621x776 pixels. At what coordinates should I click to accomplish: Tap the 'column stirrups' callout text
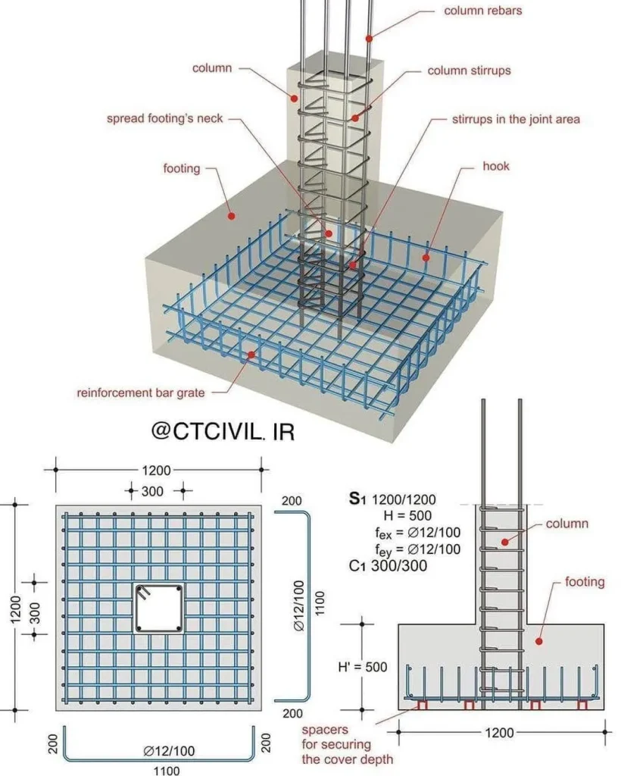[x=469, y=70]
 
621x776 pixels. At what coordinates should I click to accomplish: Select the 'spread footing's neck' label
[x=164, y=118]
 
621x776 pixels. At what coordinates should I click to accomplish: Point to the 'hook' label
[x=496, y=165]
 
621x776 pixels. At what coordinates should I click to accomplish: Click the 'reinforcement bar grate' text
[x=140, y=393]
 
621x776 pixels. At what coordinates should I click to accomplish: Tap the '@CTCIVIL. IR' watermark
[x=223, y=430]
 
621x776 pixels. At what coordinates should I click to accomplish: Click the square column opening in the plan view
[x=158, y=609]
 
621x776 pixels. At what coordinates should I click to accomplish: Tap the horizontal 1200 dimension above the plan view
[x=158, y=470]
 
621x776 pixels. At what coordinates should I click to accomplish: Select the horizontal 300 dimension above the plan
[x=152, y=491]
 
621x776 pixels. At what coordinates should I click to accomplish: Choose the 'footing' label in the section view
[x=585, y=582]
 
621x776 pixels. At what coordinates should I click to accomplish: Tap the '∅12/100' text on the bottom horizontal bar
[x=169, y=751]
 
